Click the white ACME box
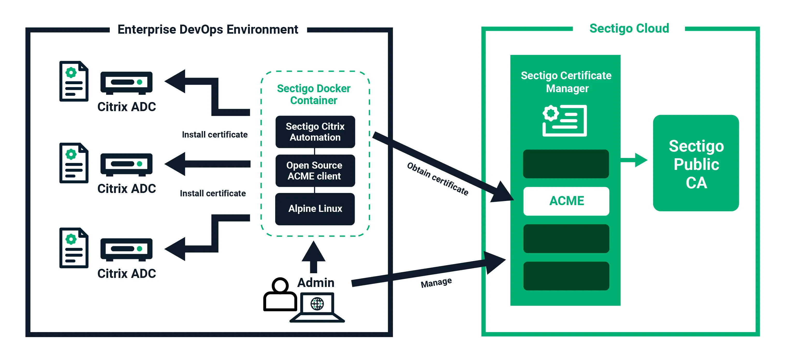pos(566,201)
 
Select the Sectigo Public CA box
pos(696,163)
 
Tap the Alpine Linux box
pos(315,209)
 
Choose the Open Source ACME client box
pos(315,170)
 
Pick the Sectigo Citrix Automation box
pos(315,132)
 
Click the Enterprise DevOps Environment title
pos(208,30)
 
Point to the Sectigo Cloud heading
pos(629,28)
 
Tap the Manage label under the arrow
pos(436,282)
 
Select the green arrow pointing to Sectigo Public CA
pos(634,160)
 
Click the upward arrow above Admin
pos(314,257)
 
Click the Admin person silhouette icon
pos(280,294)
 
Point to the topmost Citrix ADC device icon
pos(126,83)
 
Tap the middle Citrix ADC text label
pos(127,189)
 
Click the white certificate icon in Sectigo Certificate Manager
pos(565,120)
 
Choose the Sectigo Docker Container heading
pos(314,95)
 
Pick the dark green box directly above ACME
pos(566,164)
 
